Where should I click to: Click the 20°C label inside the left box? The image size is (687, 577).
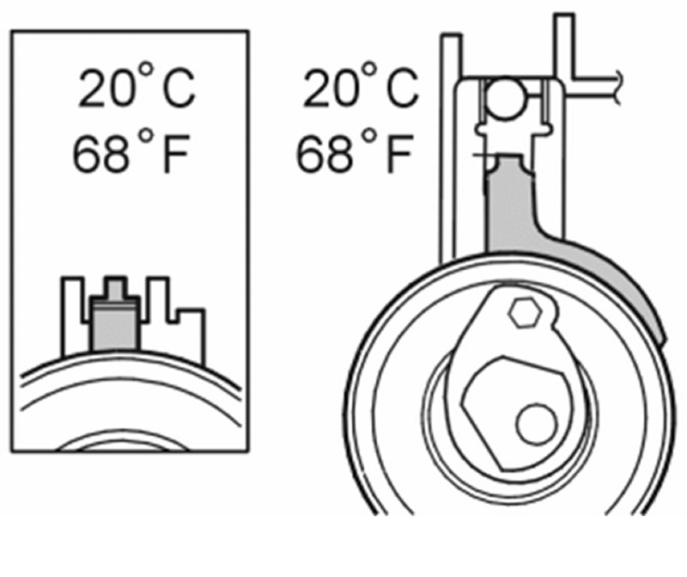coord(137,86)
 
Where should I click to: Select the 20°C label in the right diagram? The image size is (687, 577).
coord(361,86)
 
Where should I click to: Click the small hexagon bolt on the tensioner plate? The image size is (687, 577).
coord(525,313)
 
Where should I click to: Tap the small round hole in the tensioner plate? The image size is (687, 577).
coord(536,424)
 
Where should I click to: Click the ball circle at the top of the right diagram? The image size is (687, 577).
coord(506,98)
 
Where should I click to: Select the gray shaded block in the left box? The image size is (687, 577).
coord(115,324)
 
